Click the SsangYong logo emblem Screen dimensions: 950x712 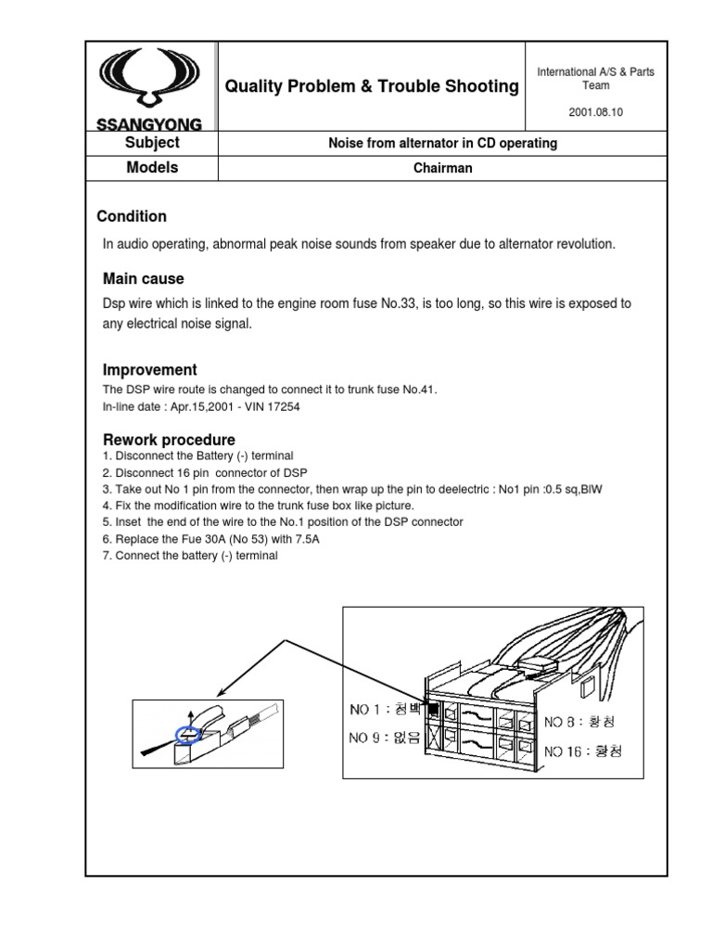pos(151,82)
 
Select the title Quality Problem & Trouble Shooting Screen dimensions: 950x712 pos(372,86)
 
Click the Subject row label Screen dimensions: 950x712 pos(152,143)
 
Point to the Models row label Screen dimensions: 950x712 pos(152,168)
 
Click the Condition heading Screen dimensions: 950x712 pos(132,216)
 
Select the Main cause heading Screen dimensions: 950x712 pos(143,278)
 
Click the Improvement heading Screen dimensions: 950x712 pos(149,369)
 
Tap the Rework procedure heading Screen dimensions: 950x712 pos(168,439)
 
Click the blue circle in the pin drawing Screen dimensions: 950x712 pos(189,736)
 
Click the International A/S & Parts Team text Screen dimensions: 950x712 pos(595,79)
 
